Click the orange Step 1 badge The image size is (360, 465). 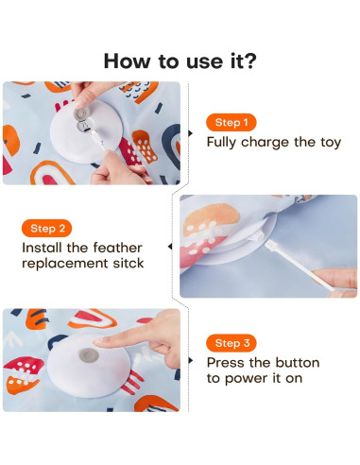pyautogui.click(x=231, y=122)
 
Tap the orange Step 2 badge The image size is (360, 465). pyautogui.click(x=47, y=228)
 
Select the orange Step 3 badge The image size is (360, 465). pyautogui.click(x=231, y=342)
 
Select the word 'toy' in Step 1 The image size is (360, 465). pyautogui.click(x=328, y=143)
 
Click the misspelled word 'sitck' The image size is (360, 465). pyautogui.click(x=123, y=264)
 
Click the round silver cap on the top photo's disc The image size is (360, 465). pyautogui.click(x=83, y=116)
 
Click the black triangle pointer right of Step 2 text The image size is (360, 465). pyautogui.click(x=170, y=247)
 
